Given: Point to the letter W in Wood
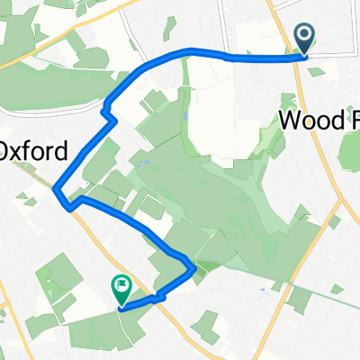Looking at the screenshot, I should pyautogui.click(x=292, y=121).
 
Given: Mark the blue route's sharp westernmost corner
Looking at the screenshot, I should pyautogui.click(x=57, y=190).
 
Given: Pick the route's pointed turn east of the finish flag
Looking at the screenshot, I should pyautogui.click(x=193, y=266).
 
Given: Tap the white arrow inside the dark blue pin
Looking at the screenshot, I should pyautogui.click(x=304, y=36).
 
